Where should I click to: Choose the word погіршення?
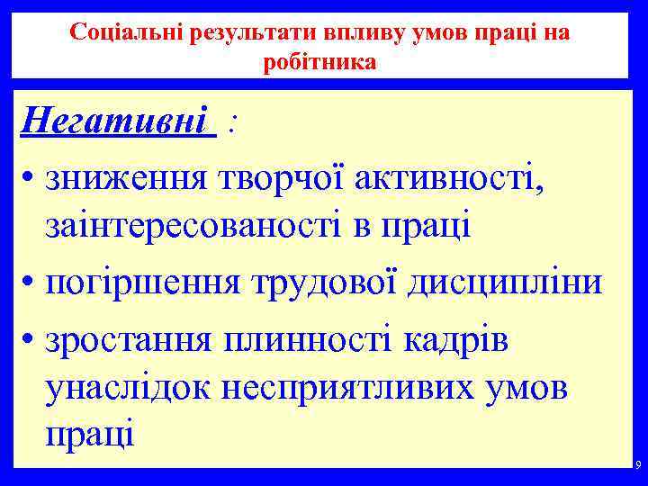tap(143, 283)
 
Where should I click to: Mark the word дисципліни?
tap(503, 283)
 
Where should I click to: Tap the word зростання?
tap(130, 340)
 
